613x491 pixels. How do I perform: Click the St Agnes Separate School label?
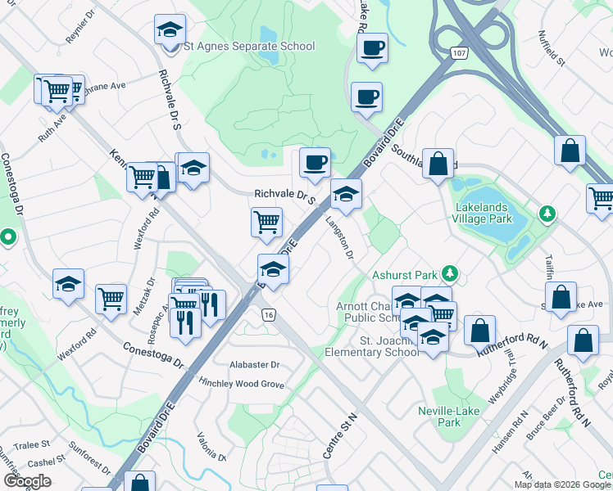click(x=248, y=46)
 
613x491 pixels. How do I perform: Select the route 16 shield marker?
click(x=267, y=314)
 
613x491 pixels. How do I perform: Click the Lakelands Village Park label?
click(x=484, y=214)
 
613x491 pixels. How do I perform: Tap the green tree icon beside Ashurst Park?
click(x=448, y=273)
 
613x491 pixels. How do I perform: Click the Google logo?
click(x=27, y=480)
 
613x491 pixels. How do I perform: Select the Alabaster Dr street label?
click(x=254, y=365)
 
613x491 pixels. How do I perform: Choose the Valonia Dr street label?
click(x=211, y=446)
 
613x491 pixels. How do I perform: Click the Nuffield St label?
click(x=551, y=48)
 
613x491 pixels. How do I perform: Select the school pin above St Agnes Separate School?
click(x=170, y=31)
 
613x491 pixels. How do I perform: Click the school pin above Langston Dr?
click(x=346, y=195)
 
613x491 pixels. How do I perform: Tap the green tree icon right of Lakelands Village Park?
click(x=547, y=214)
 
